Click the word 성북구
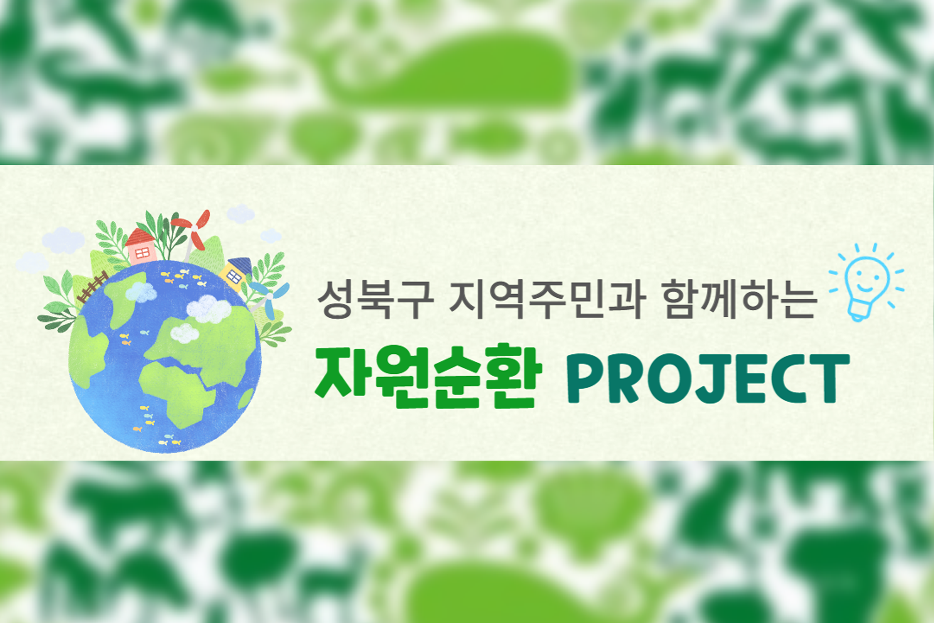pyautogui.click(x=375, y=299)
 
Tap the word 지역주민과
pyautogui.click(x=547, y=299)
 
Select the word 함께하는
pyautogui.click(x=739, y=299)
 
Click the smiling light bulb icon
pyautogui.click(x=865, y=282)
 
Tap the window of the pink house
pyautogui.click(x=142, y=252)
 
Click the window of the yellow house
pyautogui.click(x=233, y=277)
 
